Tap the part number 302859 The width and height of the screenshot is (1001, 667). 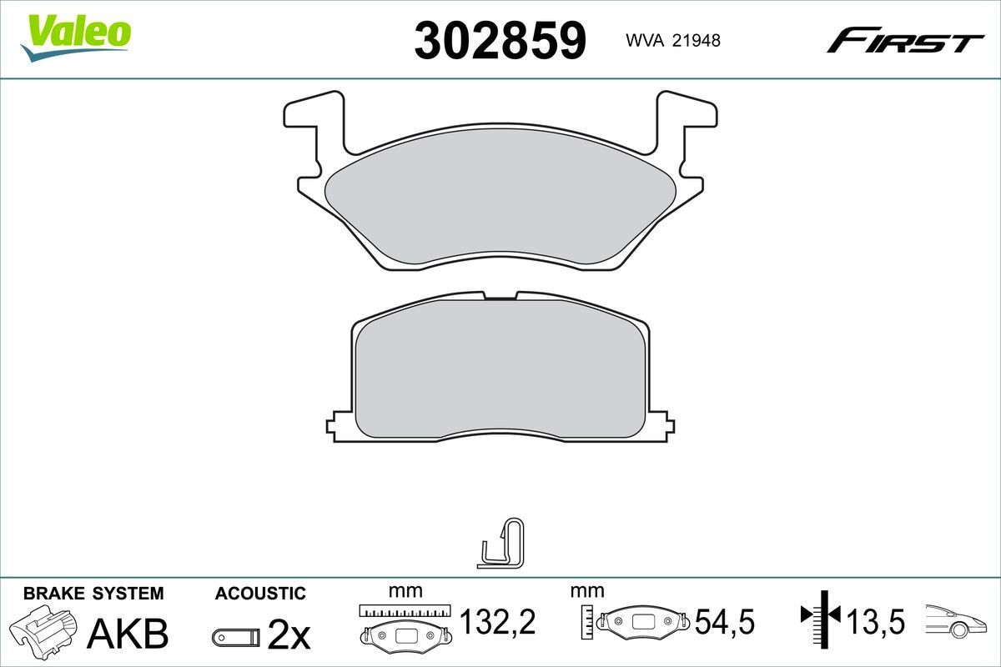coord(500,39)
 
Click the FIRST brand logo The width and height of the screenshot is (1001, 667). coord(905,39)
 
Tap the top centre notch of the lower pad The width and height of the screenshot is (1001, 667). coord(500,295)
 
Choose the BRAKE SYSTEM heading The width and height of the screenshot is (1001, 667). coord(93,594)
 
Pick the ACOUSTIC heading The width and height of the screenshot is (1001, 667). coord(260,594)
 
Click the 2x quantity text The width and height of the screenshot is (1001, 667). coord(289,636)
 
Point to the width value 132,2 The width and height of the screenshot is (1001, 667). coord(497,621)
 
